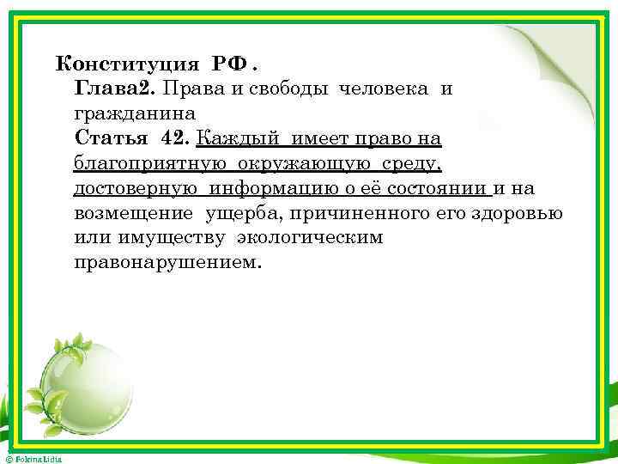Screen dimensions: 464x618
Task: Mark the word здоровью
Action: tap(519, 212)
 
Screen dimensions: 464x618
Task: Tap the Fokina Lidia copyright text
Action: tap(32, 459)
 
